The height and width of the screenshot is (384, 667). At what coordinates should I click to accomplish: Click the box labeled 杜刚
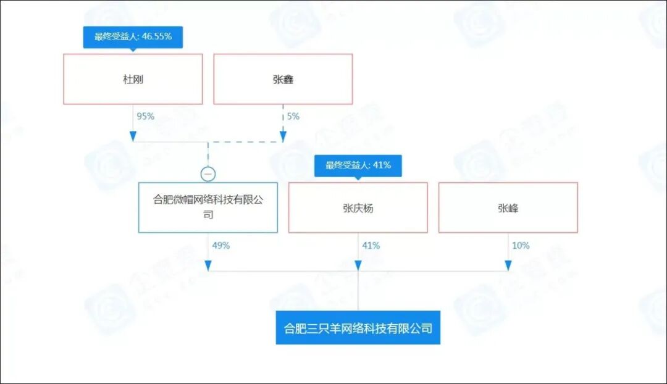(133, 79)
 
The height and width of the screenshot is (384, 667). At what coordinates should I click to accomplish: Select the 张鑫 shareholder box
(283, 79)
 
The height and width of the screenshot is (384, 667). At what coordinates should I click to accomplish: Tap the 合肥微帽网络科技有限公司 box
(208, 207)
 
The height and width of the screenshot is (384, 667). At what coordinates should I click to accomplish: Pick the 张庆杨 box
(358, 208)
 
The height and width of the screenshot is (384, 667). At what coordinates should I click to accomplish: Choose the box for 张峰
(508, 208)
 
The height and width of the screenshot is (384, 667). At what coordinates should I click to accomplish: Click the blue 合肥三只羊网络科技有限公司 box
(358, 328)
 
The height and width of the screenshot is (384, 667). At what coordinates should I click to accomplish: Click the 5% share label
(293, 116)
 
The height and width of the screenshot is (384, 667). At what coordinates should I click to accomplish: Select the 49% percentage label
(220, 245)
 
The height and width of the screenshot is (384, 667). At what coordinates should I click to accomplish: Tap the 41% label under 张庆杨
(371, 245)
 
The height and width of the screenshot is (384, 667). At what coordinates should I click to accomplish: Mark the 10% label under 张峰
(521, 245)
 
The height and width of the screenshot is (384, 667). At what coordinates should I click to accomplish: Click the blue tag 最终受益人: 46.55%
(133, 36)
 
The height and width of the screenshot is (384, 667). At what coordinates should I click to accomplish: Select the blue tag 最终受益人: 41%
(358, 165)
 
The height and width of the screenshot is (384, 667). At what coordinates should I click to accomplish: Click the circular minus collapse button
(208, 174)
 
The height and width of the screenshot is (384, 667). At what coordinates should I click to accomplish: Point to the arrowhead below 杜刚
(133, 136)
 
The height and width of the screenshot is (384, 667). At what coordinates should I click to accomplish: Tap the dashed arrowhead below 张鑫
(283, 136)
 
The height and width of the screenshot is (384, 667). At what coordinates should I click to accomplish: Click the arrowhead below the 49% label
(208, 265)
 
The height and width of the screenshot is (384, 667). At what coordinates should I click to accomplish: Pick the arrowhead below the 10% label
(508, 265)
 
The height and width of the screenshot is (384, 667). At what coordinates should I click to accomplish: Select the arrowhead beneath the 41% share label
(358, 265)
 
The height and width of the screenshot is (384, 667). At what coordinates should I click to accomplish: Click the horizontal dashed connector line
(245, 143)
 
